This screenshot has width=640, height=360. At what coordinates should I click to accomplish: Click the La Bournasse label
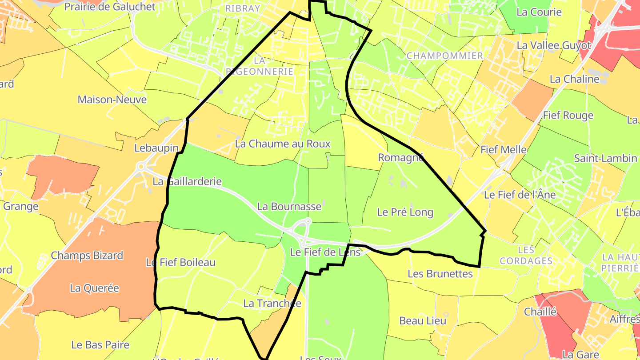[x=289, y=206]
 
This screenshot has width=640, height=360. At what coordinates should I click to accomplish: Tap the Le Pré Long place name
[x=405, y=212]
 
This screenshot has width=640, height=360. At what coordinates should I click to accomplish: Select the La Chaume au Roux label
[x=283, y=144]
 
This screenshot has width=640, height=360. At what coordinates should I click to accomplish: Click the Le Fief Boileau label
[x=180, y=262]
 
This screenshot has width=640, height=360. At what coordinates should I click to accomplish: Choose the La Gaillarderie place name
[x=187, y=181]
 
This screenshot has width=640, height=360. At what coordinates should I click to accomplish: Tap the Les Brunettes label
[x=440, y=274]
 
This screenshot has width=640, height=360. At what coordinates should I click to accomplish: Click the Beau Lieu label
[x=423, y=320]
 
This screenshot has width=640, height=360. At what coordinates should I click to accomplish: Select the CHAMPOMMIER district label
[x=444, y=56]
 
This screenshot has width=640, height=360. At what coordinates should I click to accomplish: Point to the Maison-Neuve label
[x=112, y=99]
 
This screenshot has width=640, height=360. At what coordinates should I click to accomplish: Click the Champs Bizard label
[x=87, y=256]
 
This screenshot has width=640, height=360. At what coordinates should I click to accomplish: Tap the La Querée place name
[x=94, y=288]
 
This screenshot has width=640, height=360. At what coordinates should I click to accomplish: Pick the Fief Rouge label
[x=568, y=116]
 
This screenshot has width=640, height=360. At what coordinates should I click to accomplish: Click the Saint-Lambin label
[x=605, y=158]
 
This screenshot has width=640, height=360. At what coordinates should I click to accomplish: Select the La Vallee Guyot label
[x=554, y=45]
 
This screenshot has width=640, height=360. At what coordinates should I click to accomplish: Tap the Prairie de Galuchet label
[x=110, y=7]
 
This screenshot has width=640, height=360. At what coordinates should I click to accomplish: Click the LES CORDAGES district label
[x=526, y=256]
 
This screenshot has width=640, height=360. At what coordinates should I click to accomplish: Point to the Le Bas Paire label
[x=100, y=344]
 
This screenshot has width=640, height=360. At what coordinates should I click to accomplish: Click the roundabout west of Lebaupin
[x=141, y=167]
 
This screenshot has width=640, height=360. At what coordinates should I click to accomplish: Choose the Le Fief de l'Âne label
[x=520, y=195]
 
